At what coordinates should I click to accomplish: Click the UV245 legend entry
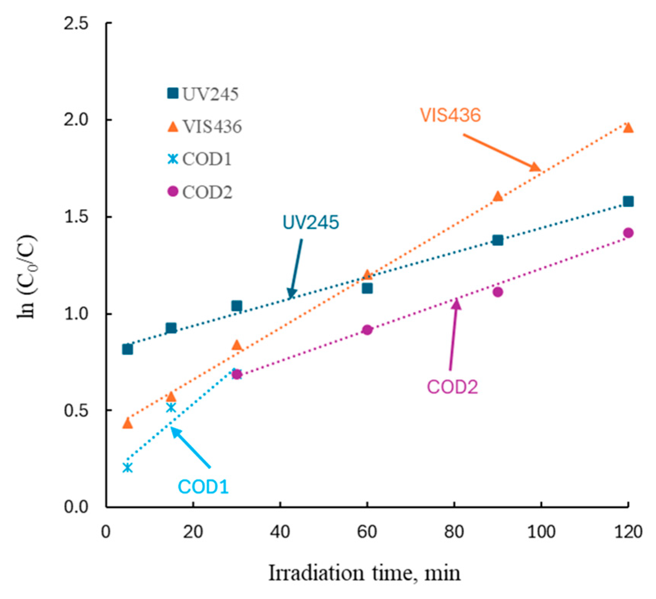[203, 94]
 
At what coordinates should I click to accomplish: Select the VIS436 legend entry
[205, 126]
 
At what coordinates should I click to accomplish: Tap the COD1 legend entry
[200, 159]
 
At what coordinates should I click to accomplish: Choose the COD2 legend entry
[200, 191]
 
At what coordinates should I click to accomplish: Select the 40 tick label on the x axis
[280, 532]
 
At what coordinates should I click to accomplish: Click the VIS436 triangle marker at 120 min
[628, 127]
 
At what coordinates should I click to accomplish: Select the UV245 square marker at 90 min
[497, 240]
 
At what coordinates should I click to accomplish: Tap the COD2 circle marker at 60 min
[367, 330]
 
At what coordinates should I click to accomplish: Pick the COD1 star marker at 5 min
[128, 468]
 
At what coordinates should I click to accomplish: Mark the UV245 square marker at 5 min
[128, 349]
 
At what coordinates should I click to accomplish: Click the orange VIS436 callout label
[450, 115]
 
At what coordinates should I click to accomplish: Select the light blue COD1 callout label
[203, 487]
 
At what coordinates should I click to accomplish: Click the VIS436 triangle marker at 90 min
[497, 196]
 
